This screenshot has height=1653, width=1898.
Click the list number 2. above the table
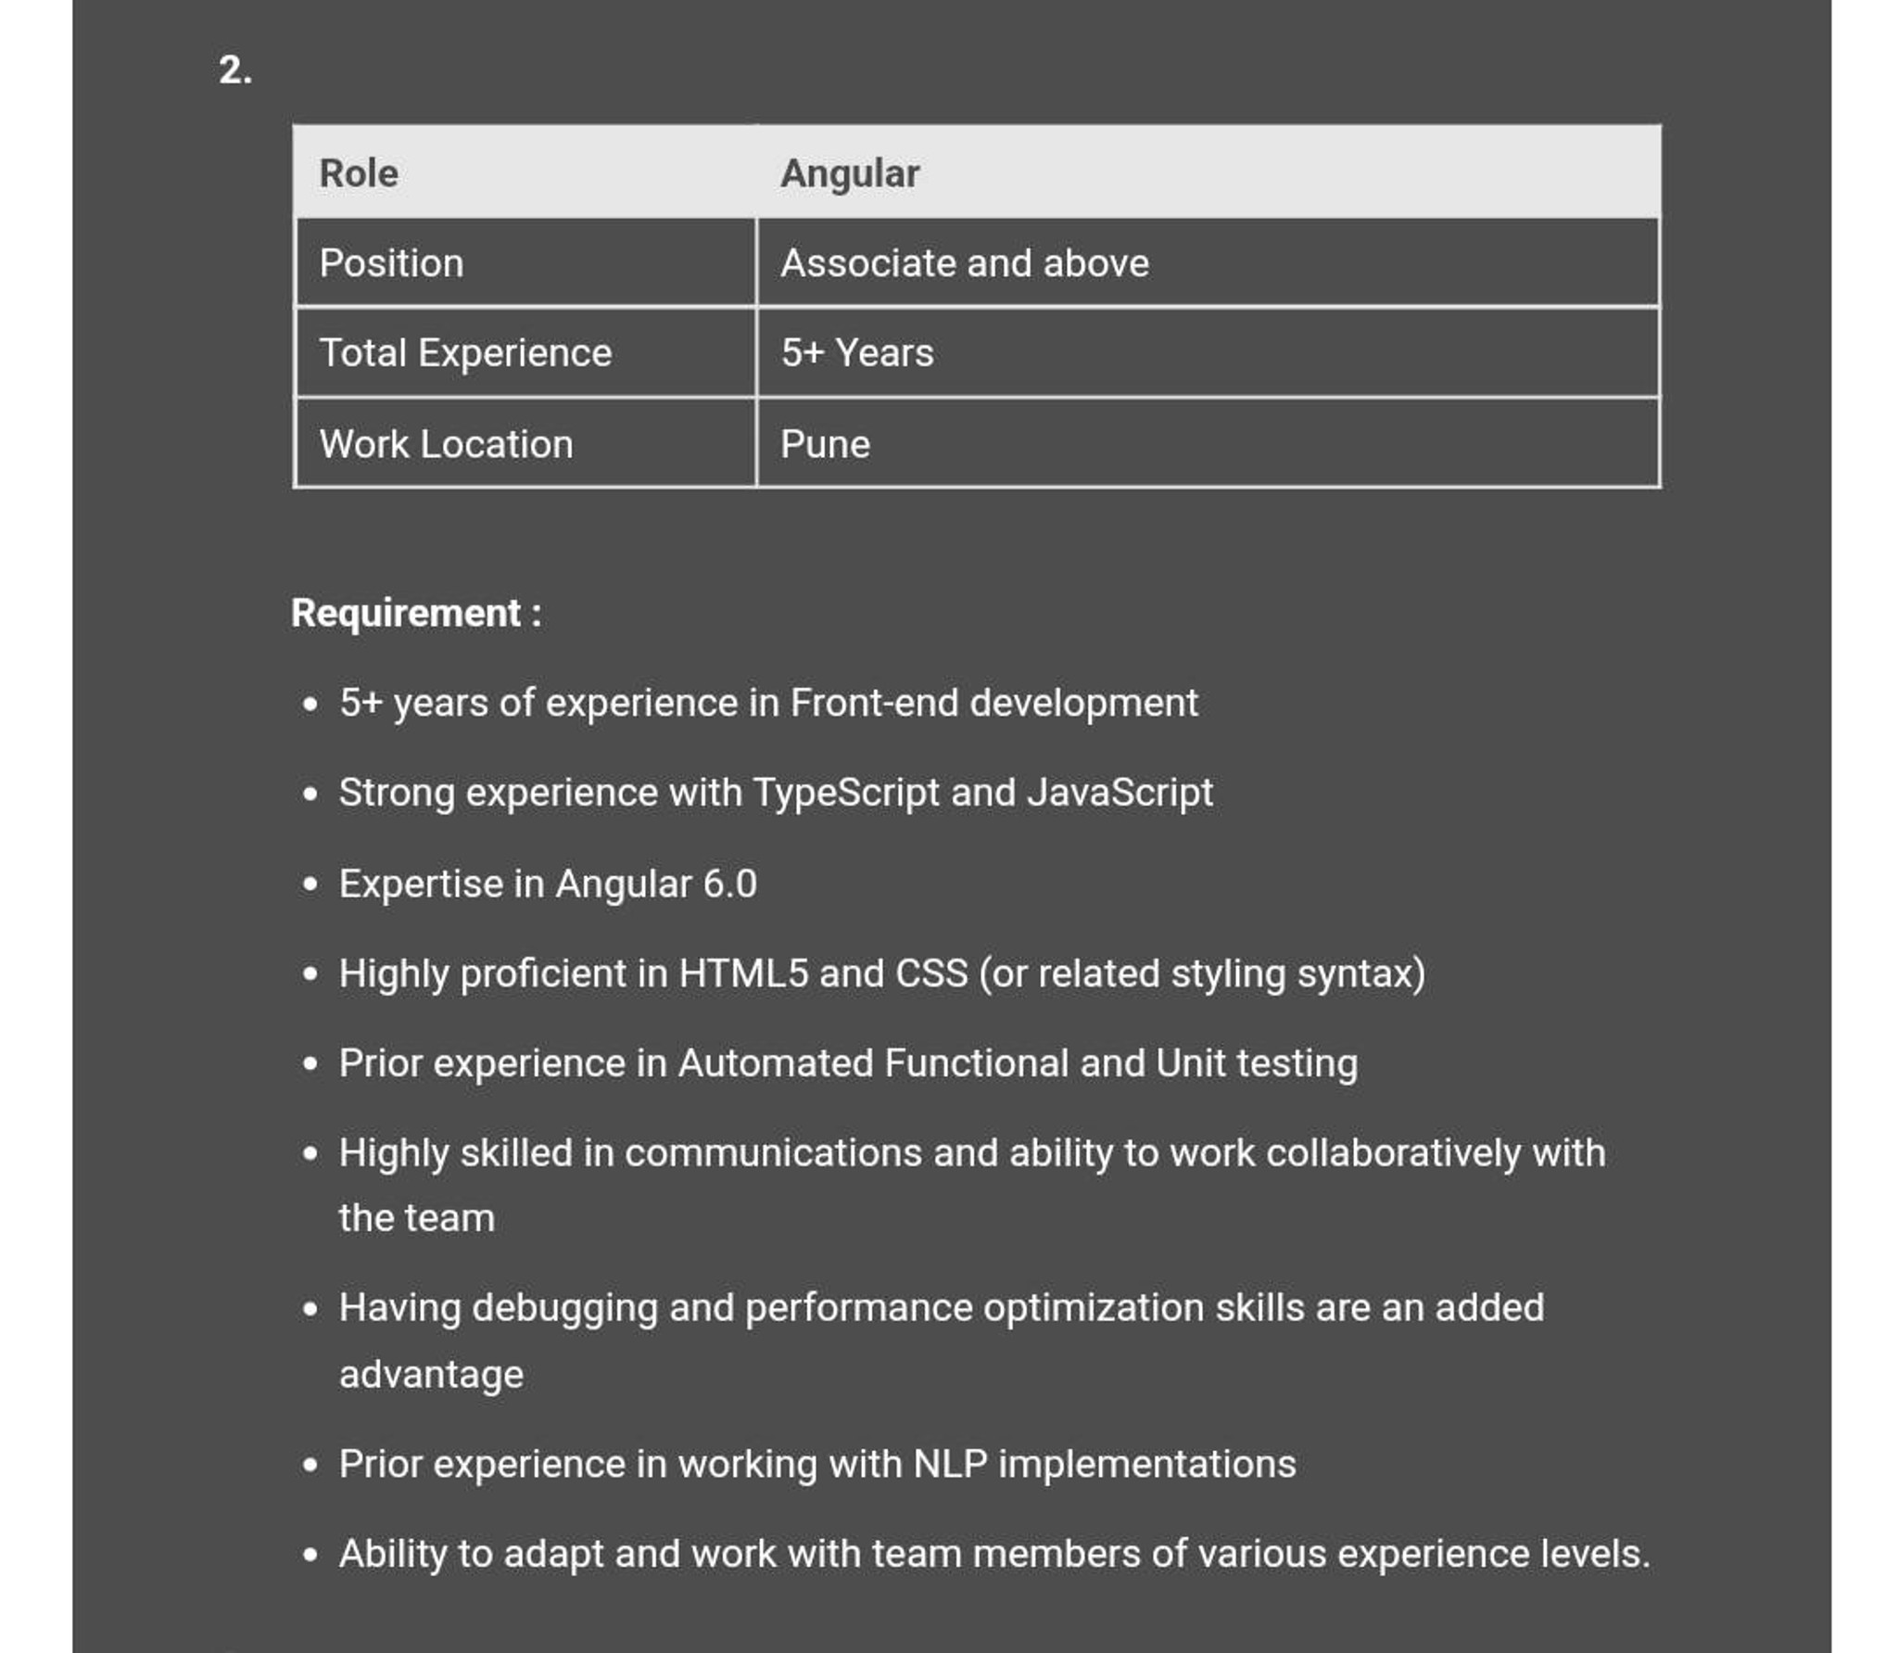pos(234,70)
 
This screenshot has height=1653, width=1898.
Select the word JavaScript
pos(1120,794)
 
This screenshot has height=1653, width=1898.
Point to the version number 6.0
pos(729,884)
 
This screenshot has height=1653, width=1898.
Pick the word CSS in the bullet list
pos(930,973)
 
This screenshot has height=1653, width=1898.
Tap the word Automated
pos(776,1063)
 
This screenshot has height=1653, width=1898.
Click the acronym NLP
pos(950,1464)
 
